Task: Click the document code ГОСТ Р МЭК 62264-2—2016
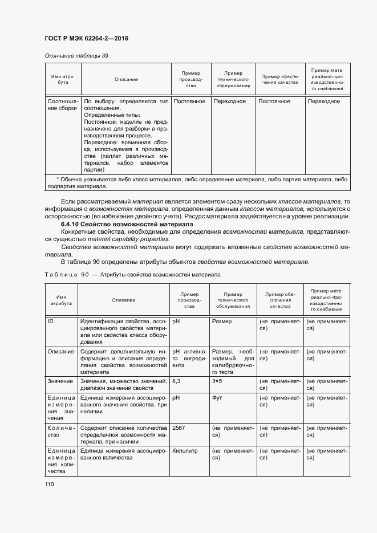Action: coord(86,38)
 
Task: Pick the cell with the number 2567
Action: coord(179,426)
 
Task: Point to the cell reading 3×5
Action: coord(217,381)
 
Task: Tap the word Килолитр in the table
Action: coord(184,450)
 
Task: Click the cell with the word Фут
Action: coord(217,397)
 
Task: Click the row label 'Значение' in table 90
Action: coord(60,381)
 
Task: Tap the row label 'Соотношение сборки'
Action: coord(62,105)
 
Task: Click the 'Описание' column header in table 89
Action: coord(126,79)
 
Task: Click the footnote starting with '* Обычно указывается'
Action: coord(197,182)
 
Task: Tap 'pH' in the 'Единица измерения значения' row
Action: coord(176,397)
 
